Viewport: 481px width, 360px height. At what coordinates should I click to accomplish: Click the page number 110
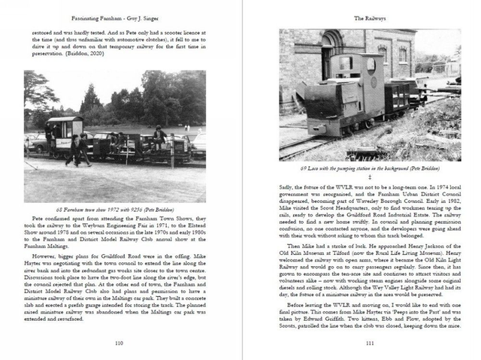click(x=119, y=342)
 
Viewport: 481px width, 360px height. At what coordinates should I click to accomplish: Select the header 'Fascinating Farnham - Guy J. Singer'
click(x=119, y=17)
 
